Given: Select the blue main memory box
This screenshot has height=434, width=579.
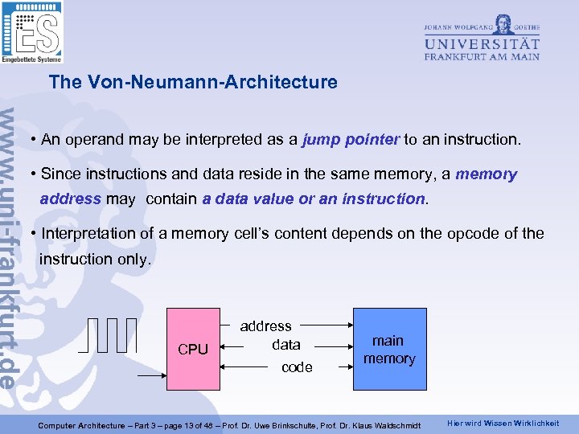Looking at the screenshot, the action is (388, 349).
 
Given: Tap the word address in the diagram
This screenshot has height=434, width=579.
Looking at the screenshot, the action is (265, 325).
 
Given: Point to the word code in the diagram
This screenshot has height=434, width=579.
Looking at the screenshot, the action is (297, 366).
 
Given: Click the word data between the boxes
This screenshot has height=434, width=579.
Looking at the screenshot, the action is (286, 344).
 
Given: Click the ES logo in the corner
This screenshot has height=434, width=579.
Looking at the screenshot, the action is (32, 32).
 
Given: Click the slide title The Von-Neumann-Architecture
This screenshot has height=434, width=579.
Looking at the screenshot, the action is (193, 82).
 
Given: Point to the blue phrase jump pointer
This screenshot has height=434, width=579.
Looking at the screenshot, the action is (351, 139).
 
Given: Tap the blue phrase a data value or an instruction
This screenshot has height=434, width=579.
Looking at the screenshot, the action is (314, 198).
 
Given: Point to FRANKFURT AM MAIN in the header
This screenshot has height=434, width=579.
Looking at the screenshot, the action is (482, 56).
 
